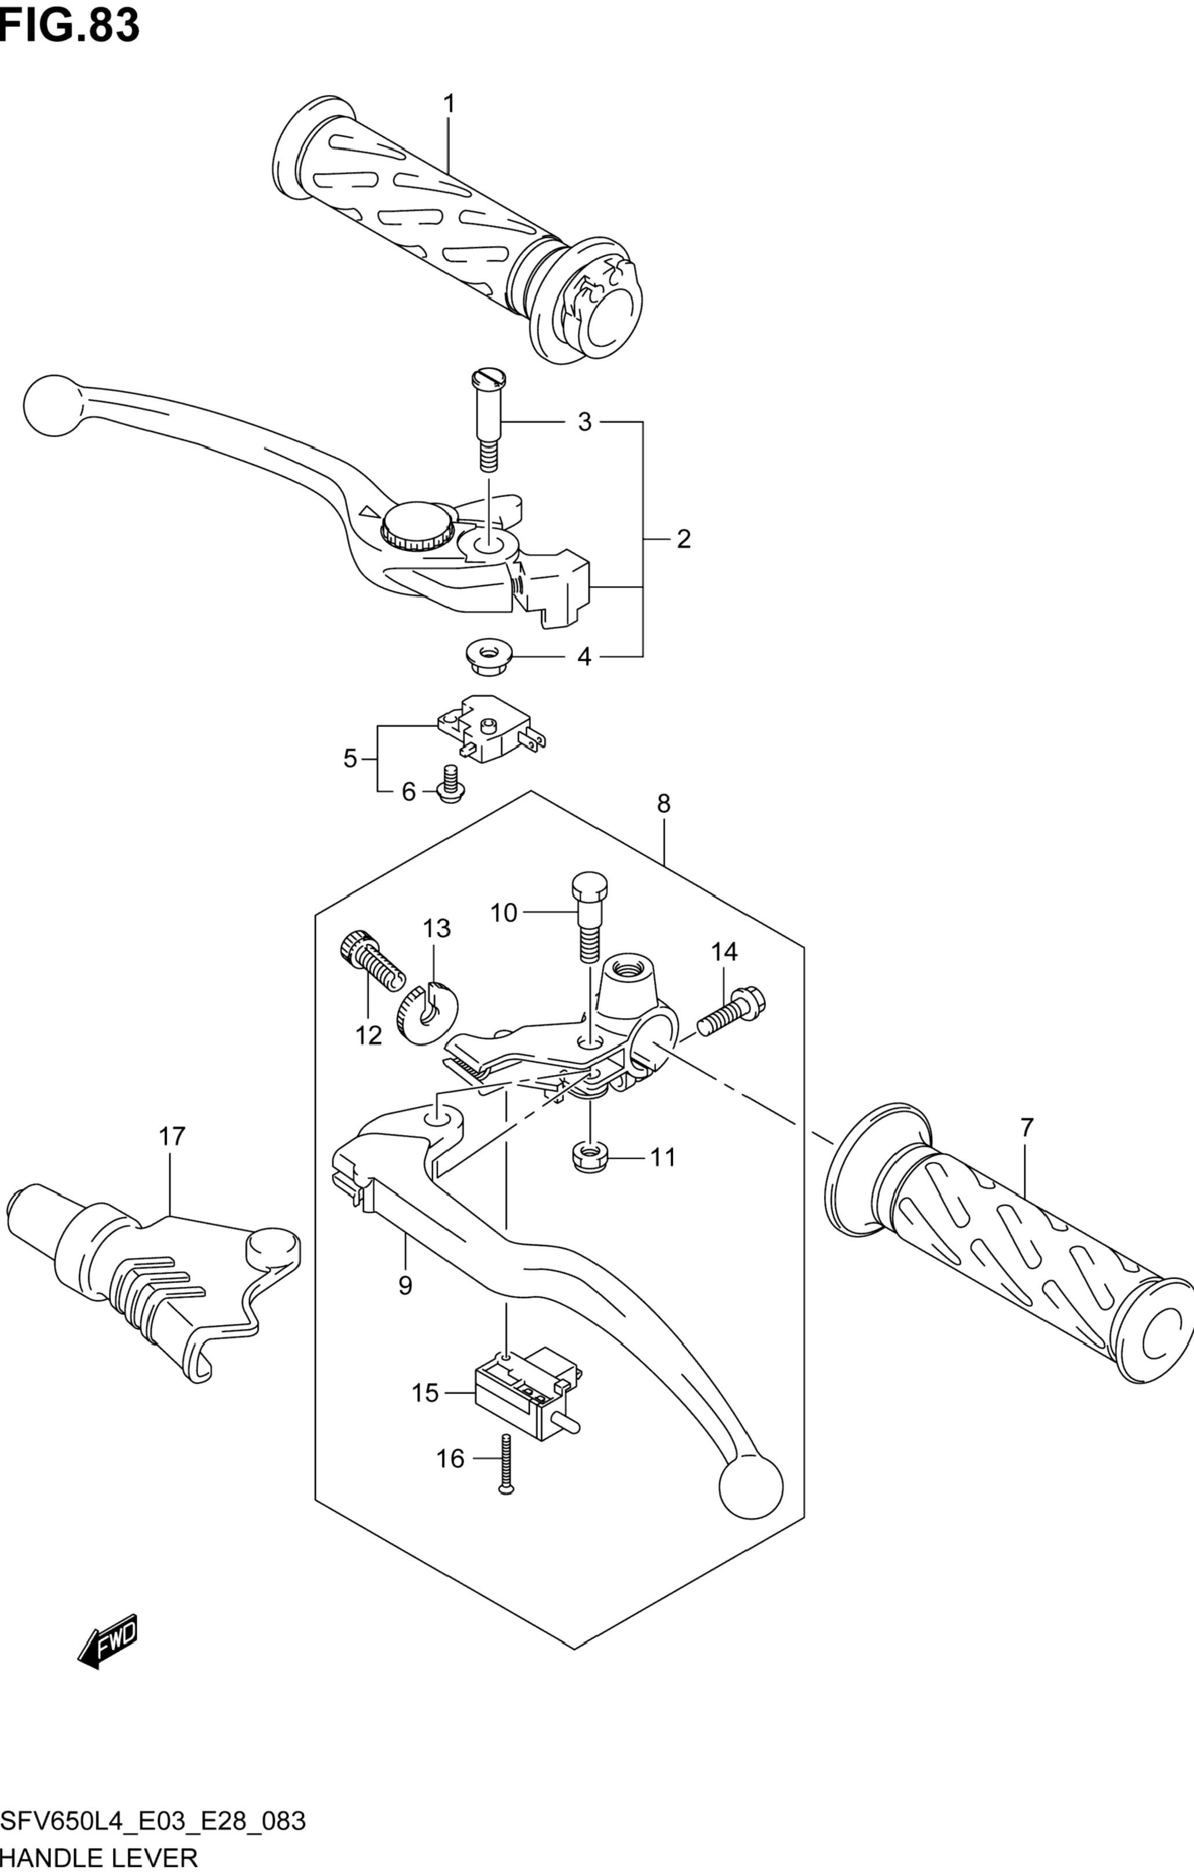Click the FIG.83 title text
[x=70, y=25]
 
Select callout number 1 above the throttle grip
[x=449, y=104]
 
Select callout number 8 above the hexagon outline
[x=664, y=804]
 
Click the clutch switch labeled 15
[x=528, y=1385]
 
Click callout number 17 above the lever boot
[x=172, y=1137]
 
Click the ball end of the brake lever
[x=52, y=404]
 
